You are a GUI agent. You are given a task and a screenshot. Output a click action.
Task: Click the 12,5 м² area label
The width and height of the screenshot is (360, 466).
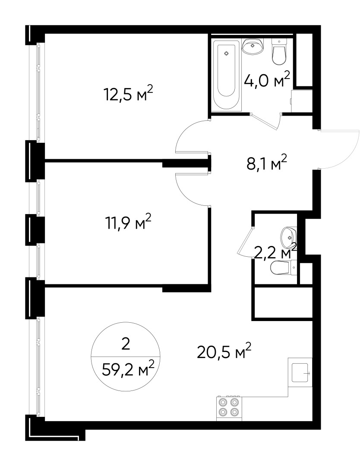click(x=128, y=93)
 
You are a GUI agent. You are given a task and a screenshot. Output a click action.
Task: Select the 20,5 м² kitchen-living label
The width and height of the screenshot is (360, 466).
click(x=224, y=352)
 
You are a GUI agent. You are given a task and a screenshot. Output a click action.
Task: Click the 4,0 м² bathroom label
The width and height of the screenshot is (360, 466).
click(x=266, y=80)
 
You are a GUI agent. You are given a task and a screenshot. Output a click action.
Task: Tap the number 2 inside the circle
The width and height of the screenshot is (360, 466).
click(x=126, y=344)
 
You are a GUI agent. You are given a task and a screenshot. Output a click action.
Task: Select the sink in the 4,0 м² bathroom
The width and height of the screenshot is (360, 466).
click(x=253, y=47)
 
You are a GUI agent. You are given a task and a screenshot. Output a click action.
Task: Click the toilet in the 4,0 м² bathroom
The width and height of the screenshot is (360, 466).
click(x=280, y=53)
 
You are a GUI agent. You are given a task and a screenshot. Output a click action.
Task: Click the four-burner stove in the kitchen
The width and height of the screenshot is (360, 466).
click(x=229, y=407)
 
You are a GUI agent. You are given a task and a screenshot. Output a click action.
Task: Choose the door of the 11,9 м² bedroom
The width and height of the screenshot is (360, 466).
click(x=192, y=190)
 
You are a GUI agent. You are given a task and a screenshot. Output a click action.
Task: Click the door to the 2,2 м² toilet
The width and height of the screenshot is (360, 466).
click(x=244, y=242)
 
